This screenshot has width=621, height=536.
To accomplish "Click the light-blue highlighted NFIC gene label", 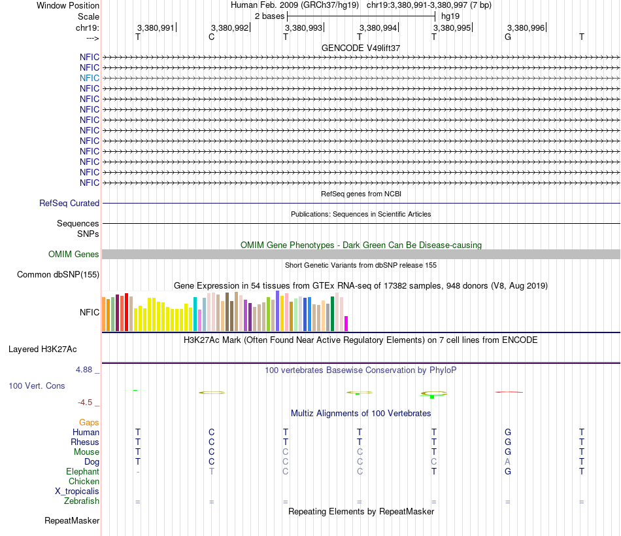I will coord(90,78).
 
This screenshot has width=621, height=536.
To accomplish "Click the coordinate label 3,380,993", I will coord(303,28).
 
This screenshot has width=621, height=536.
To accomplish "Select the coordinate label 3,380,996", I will coord(526,28).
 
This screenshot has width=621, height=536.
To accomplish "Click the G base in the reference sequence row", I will coord(508,37).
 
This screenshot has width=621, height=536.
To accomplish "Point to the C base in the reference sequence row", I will coord(211,37).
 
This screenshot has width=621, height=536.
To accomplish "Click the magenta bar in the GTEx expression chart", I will coord(346,323).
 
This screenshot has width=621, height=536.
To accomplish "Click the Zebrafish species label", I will coord(82,501).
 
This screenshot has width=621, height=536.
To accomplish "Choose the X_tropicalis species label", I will coord(77,491).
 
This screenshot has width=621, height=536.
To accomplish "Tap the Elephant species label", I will coord(82,472).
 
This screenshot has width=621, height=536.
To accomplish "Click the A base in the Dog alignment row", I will coord(508,462).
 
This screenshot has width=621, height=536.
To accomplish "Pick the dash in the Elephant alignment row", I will coord(137,472).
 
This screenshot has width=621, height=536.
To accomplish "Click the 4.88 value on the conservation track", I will coord(88,370).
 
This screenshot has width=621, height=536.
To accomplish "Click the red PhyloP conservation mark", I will coord(509,392).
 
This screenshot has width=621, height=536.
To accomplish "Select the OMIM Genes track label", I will coord(74,255).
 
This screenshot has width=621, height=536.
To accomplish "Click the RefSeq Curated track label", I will coord(69,204).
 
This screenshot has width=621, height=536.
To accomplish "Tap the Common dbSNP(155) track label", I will coord(58,275).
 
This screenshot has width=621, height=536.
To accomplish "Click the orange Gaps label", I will coord(89,423).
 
